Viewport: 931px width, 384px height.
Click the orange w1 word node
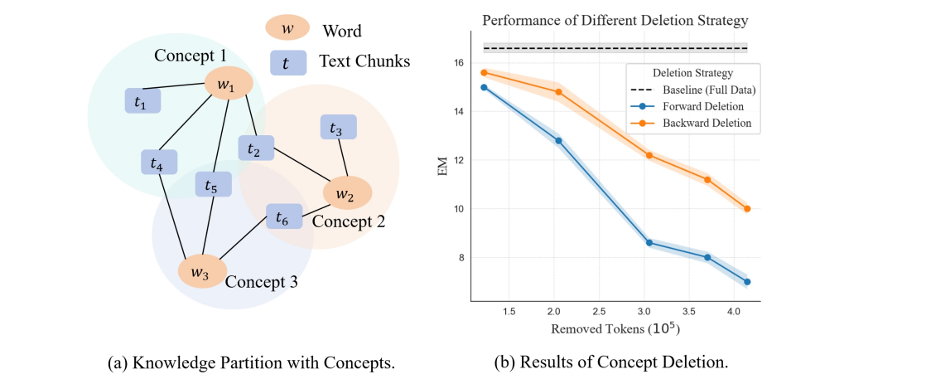coord(228,84)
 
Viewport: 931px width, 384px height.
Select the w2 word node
coord(347,193)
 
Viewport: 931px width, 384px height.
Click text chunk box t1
coord(142,101)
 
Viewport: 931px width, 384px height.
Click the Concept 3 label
coord(262,281)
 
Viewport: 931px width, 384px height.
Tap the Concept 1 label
coord(190,56)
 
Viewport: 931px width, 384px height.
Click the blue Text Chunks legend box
coord(287,61)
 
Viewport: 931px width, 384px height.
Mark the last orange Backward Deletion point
coord(747,209)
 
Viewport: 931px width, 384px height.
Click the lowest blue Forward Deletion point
coord(747,282)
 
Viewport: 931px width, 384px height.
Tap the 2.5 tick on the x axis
coord(599,311)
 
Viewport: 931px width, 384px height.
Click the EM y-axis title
coord(441,172)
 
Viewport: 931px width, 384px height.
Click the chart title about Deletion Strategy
coord(614,20)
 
